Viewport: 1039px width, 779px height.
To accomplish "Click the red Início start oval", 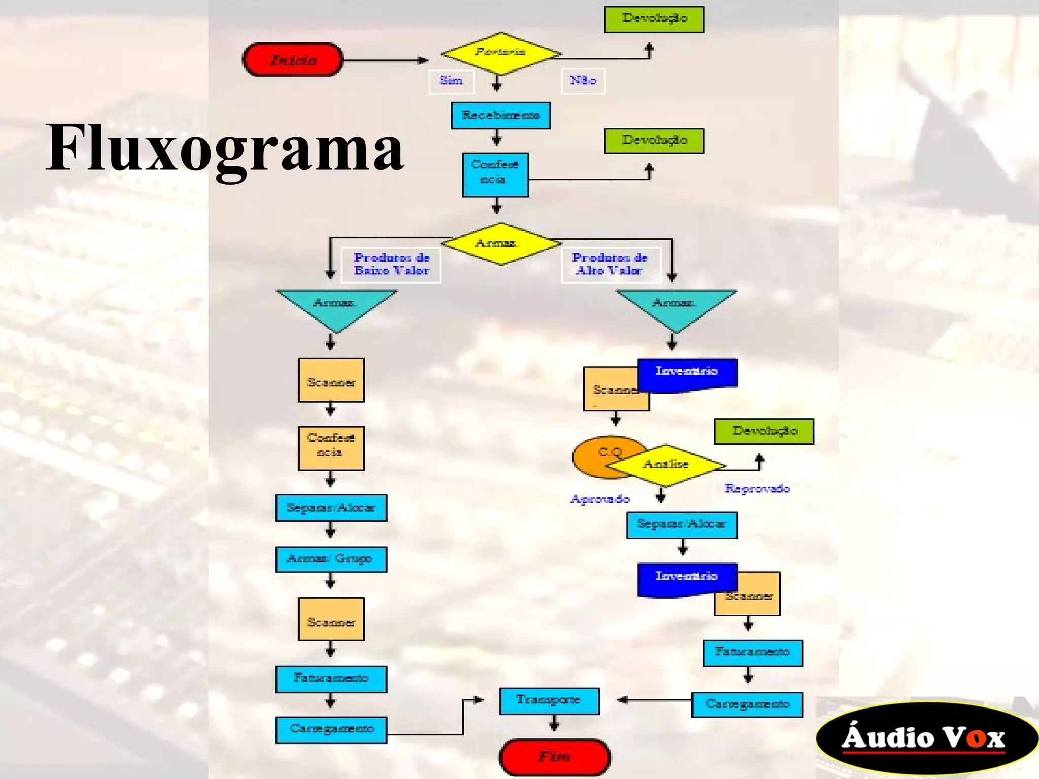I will coord(293,60).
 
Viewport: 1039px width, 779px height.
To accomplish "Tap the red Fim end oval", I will coord(555,757).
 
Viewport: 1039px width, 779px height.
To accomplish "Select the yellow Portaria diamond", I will coord(500,53).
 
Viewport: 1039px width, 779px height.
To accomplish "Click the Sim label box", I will coord(451,81).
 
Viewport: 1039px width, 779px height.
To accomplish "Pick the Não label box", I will coord(582,81).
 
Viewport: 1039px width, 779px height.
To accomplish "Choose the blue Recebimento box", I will coord(501,116).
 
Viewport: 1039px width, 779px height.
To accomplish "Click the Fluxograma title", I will coord(225,148).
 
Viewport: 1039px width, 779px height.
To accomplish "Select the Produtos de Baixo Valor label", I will coord(391,264).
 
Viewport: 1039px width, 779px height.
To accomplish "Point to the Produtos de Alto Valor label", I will coord(610,264).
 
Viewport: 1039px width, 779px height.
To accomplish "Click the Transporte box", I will coord(549,700).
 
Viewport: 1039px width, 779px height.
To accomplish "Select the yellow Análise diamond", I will coord(666,464).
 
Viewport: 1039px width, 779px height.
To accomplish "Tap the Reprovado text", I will coord(757,488).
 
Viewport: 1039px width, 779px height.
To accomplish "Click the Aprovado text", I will coord(600,499).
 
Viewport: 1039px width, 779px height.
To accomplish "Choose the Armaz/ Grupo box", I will coord(331,559).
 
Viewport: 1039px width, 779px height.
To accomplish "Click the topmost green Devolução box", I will coord(653,19).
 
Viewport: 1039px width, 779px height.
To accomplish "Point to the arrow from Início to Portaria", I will coord(386,60).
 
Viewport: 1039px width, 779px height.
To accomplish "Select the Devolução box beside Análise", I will coord(764,431).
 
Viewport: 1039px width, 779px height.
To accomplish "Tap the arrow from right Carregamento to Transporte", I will coord(654,700).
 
